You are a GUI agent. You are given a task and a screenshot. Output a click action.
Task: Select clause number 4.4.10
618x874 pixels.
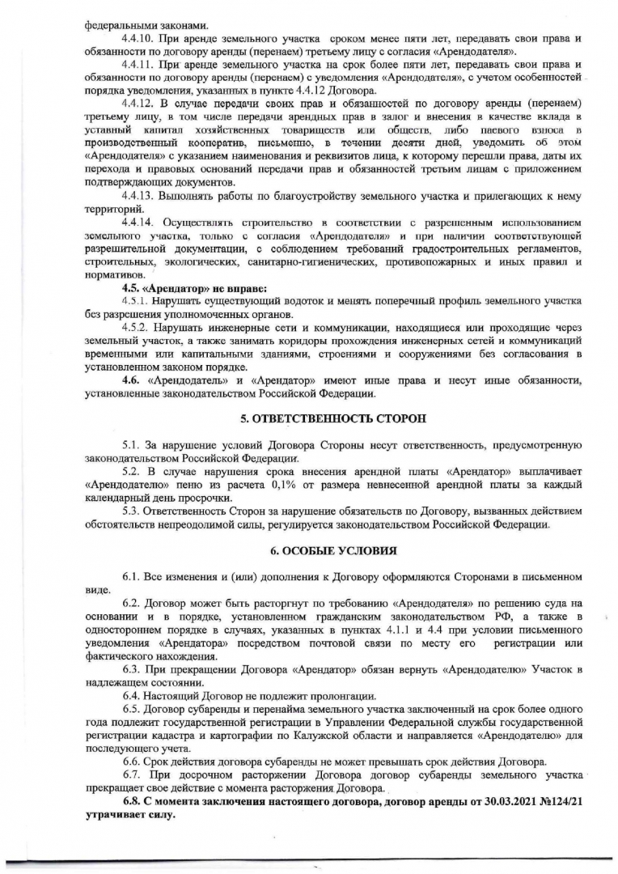pos(137,39)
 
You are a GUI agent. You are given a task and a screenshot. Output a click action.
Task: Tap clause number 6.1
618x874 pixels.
pos(132,576)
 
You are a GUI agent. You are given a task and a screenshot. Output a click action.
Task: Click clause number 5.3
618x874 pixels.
pos(132,511)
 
